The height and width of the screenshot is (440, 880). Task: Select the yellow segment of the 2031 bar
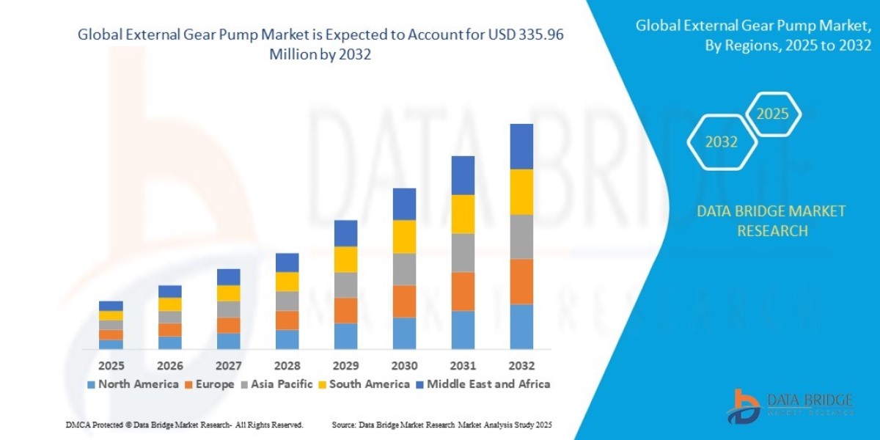coord(463,214)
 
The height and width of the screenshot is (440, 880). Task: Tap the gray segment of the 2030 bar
coord(404,269)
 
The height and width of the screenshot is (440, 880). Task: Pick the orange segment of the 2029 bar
coord(345,310)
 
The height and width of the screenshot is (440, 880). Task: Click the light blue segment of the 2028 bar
coord(287,339)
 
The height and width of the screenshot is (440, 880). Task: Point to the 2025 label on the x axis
coord(111,365)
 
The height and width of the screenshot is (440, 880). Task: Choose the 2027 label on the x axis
coord(228,365)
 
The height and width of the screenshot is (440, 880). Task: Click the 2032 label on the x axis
coord(521,365)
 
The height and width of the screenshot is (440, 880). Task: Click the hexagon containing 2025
coord(772,114)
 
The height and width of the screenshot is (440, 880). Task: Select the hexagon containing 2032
coord(722,142)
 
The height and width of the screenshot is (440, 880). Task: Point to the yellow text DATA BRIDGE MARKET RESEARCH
coord(771,221)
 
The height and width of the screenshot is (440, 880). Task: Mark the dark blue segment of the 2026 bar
coord(169,291)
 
